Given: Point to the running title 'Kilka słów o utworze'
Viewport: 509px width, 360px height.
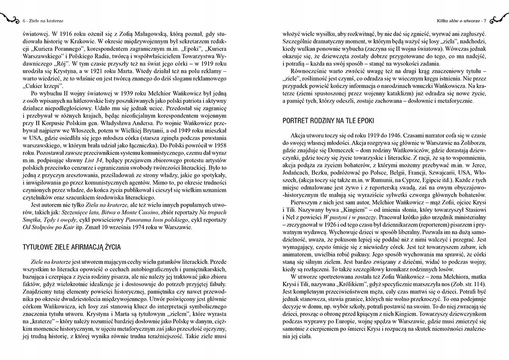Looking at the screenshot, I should pos(458,20).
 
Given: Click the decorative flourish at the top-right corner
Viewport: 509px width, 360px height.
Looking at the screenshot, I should pos(499,19).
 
